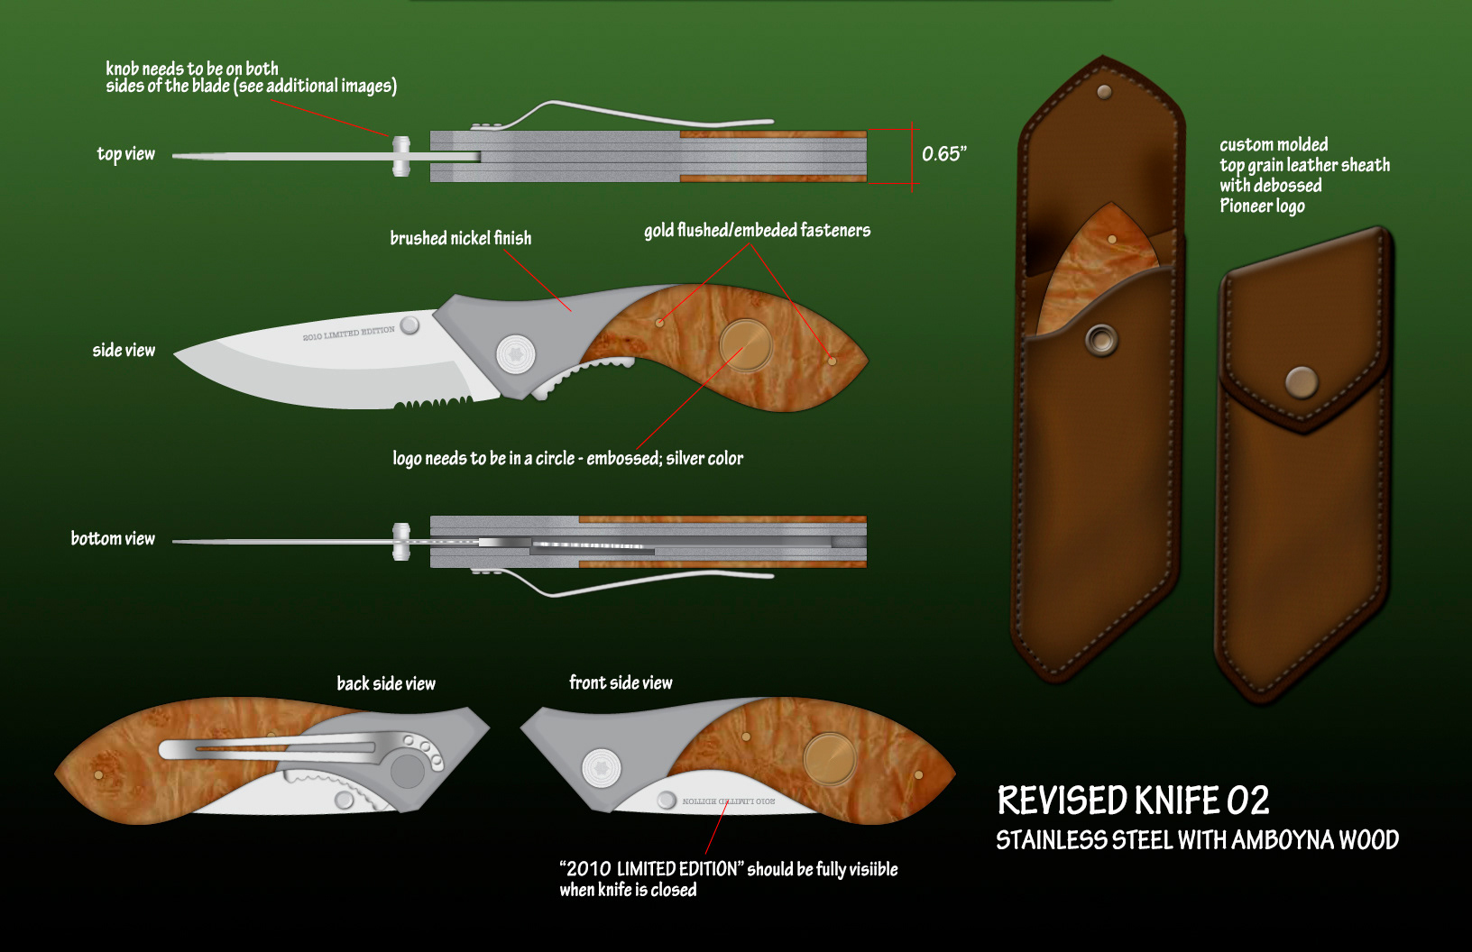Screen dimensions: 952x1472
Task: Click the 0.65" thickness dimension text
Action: point(943,154)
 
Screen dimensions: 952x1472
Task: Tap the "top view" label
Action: point(125,154)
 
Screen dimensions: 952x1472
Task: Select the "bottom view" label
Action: point(113,539)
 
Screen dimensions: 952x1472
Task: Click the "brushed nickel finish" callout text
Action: point(460,238)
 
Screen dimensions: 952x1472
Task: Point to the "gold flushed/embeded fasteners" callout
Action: point(757,231)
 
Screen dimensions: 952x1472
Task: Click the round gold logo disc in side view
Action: point(745,345)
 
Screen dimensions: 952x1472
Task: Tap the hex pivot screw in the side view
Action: point(516,353)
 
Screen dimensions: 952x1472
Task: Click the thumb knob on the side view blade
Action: point(409,325)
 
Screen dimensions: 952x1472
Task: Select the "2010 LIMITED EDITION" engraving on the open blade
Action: point(349,334)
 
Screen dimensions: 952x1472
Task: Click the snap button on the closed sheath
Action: point(1301,382)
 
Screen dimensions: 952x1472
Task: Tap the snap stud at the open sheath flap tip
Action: point(1104,91)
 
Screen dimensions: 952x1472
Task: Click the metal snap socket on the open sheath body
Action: point(1100,340)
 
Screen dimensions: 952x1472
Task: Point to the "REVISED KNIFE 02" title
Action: point(1133,801)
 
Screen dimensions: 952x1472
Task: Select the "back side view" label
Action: point(386,683)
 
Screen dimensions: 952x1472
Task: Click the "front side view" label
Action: point(621,682)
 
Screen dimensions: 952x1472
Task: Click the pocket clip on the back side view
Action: point(271,747)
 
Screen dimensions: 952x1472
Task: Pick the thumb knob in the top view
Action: point(401,156)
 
